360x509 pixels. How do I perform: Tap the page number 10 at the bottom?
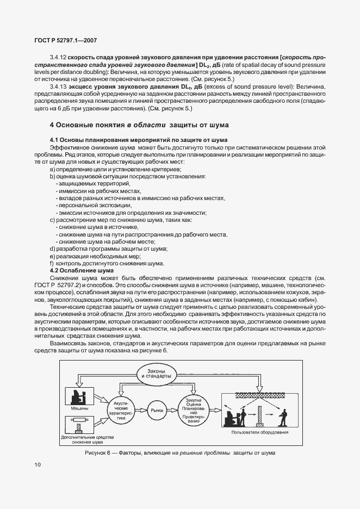click(36, 464)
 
